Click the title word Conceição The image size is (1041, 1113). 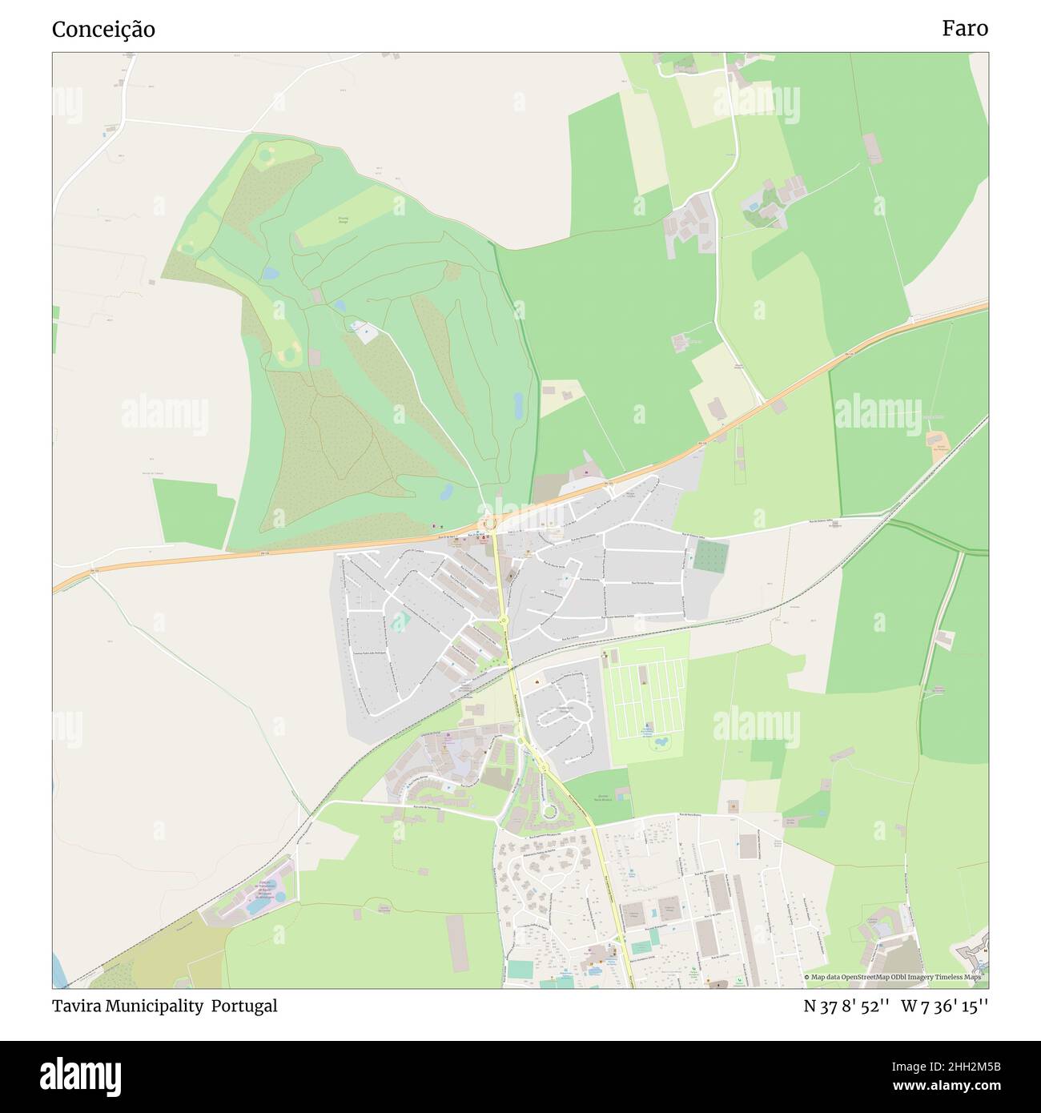pos(103,30)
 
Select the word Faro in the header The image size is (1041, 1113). pos(964,29)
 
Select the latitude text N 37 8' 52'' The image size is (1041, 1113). pos(846,1006)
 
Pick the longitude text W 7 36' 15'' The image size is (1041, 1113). pos(944,1006)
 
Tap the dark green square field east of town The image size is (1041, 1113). pos(711,556)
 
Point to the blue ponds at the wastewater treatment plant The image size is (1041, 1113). pos(257,906)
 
